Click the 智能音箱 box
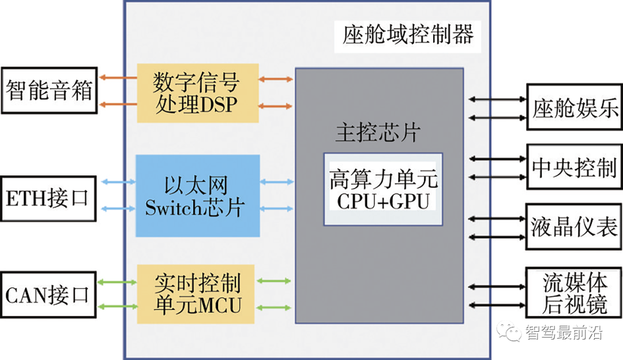click(49, 91)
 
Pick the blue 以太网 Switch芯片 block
click(197, 196)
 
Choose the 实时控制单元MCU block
click(196, 294)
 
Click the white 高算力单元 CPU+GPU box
click(383, 189)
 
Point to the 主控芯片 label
click(377, 133)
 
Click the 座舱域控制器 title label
click(408, 36)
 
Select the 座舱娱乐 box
click(575, 108)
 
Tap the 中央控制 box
click(575, 167)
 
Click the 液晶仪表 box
click(575, 226)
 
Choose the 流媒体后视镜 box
click(575, 294)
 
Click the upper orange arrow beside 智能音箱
click(118, 77)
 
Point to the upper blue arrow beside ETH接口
click(118, 182)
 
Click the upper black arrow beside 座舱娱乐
click(496, 99)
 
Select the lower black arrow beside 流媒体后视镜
click(496, 305)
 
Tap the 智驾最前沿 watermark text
click(564, 333)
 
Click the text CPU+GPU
click(383, 201)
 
